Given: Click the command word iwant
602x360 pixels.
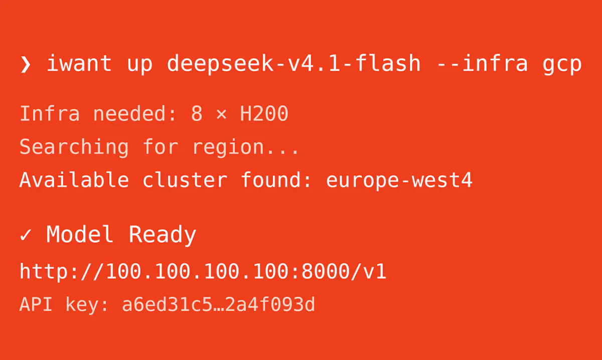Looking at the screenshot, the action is tap(79, 63).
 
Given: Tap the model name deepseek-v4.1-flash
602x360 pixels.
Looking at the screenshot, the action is tap(294, 64).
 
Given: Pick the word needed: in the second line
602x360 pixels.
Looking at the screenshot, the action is tap(134, 113).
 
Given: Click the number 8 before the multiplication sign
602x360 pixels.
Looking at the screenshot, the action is tap(197, 113).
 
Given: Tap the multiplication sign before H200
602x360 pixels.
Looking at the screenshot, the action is tap(221, 114).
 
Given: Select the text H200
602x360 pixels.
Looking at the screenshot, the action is tap(264, 113).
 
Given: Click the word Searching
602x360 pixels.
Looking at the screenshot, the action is tap(74, 147).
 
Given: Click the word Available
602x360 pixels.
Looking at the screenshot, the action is tap(74, 179).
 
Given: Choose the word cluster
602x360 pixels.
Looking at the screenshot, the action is tap(185, 179).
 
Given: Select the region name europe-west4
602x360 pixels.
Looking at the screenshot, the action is tap(399, 181).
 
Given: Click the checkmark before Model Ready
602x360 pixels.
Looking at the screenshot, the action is tap(26, 235).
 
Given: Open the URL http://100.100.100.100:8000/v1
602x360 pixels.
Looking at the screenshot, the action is tap(203, 272).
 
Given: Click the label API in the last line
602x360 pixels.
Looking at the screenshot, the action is tap(36, 304).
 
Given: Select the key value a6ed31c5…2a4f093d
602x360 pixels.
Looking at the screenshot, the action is tap(218, 304).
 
